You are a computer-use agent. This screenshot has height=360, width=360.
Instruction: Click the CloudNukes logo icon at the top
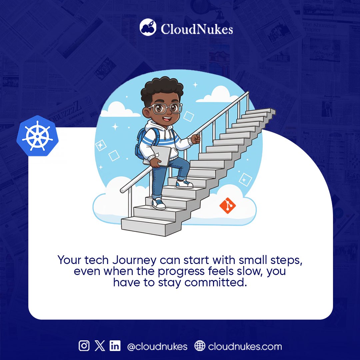[148, 27]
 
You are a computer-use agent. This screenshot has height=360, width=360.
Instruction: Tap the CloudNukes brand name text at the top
[197, 29]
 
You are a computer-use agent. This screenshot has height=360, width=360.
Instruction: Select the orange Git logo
[227, 206]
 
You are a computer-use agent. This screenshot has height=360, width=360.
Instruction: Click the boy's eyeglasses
[166, 108]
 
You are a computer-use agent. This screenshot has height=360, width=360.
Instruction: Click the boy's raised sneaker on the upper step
[184, 183]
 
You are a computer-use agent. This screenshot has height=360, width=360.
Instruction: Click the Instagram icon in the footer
[84, 346]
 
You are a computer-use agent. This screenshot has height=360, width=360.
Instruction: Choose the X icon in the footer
[100, 346]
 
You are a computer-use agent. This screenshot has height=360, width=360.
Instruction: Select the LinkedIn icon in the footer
[115, 346]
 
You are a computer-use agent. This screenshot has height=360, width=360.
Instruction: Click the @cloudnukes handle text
[157, 346]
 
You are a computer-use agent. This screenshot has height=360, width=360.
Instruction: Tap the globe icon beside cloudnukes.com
[200, 346]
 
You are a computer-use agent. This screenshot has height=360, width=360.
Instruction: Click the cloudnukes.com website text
[245, 346]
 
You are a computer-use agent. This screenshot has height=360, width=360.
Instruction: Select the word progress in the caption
[182, 271]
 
